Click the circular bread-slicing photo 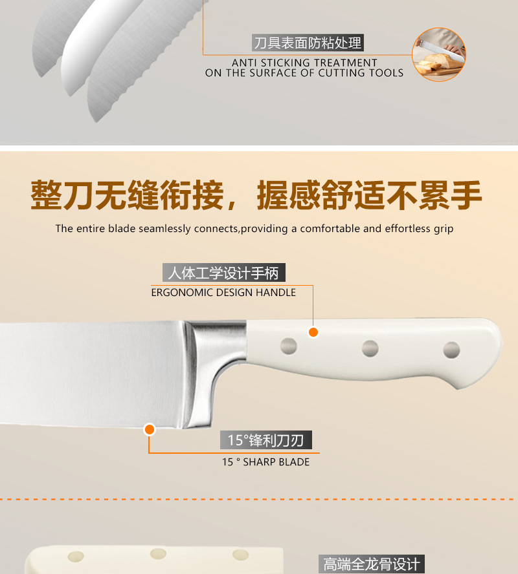tap(439, 54)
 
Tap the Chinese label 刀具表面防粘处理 tap(308, 43)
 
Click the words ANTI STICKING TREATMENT tap(304, 63)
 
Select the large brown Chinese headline tap(256, 195)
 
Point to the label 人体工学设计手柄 tap(223, 273)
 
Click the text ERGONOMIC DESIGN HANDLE tap(223, 292)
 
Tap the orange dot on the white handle tap(313, 332)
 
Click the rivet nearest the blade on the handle tap(289, 346)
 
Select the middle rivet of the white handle tap(370, 348)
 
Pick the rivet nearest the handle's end tap(452, 350)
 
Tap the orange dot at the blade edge tap(150, 429)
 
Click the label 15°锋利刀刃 tap(265, 440)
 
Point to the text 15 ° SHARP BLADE tap(265, 462)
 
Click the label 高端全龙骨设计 tap(372, 564)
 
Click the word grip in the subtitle tap(444, 229)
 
